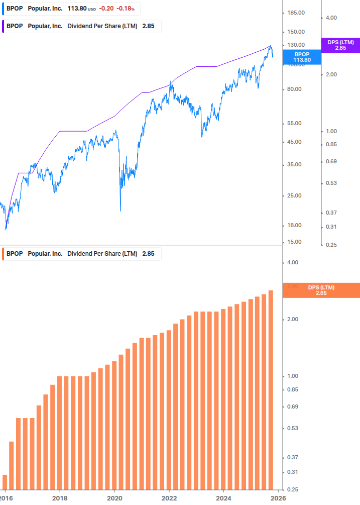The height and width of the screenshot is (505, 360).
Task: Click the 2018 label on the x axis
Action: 59,497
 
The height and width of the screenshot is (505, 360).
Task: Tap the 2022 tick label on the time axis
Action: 169,497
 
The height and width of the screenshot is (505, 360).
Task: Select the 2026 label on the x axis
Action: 278,497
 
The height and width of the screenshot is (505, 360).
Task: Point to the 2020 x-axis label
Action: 114,497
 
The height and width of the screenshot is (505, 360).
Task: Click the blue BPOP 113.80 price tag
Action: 302,57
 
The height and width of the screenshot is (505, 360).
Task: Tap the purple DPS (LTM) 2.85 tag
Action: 340,45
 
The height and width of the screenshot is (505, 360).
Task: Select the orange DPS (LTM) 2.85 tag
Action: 321,290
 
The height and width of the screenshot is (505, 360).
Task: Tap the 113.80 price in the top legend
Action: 77,9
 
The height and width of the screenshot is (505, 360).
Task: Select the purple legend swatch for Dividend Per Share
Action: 4,26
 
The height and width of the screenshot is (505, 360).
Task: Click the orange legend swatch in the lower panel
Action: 4,254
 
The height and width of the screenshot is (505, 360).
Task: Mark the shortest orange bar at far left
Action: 5,482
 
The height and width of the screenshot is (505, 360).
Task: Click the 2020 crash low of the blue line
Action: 121,211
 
